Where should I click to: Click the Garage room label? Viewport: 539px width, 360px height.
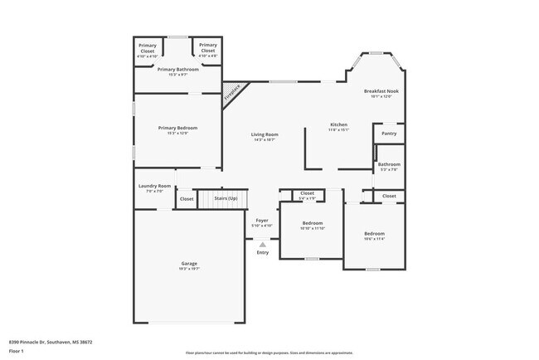point(189,264)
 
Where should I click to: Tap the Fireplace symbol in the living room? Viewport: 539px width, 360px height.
point(234,93)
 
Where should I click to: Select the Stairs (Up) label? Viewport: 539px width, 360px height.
point(226,199)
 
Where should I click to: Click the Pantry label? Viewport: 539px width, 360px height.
point(389,134)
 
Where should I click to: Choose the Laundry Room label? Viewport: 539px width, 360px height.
point(154,186)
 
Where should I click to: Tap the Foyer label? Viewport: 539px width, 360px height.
point(261,220)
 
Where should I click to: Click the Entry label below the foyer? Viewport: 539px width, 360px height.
point(262,252)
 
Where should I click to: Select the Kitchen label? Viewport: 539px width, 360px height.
point(338,124)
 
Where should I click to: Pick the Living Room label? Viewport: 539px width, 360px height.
point(265,134)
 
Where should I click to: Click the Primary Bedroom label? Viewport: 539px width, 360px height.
point(178,128)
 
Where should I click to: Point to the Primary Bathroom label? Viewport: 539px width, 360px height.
point(178,70)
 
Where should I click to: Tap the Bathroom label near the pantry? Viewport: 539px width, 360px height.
point(389,164)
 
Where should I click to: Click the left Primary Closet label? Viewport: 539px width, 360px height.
point(148,46)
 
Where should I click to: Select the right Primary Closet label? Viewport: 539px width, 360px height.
point(208,46)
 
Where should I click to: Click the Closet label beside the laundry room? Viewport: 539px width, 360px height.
point(187,199)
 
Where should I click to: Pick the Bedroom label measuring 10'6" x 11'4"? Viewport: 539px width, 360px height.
point(374,234)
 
